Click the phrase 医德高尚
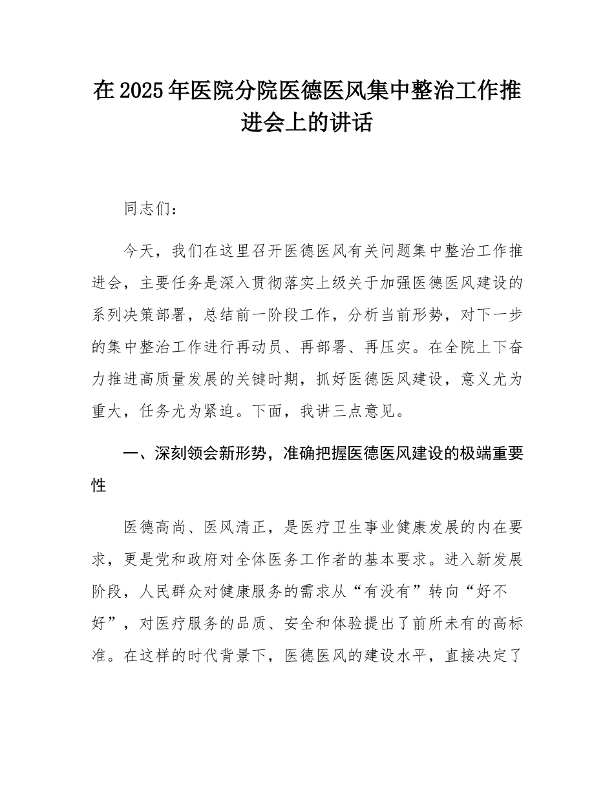pos(156,528)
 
